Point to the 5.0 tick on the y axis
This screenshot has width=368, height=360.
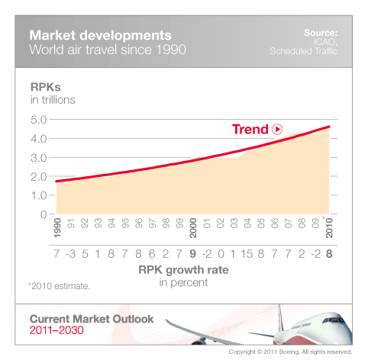pos(38,120)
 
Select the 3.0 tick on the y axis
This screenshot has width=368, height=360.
pos(38,158)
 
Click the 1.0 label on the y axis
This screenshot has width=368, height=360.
pos(38,195)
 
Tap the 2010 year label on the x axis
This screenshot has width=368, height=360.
pos(330,230)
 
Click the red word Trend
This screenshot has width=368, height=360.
pos(250,130)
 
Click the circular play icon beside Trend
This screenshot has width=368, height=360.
pos(277,130)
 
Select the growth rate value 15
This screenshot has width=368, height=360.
pos(248,253)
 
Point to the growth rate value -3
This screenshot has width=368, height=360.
pos(70,253)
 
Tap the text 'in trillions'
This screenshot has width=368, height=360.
pos(54,98)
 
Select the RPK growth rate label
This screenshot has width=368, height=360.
pos(192,269)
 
